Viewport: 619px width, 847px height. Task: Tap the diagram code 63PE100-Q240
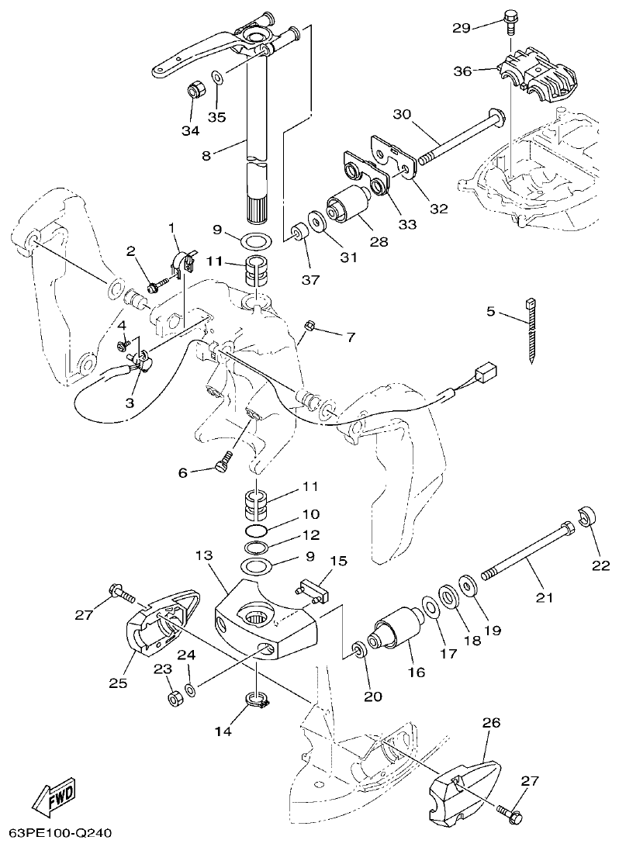[57, 834]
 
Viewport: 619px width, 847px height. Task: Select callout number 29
[462, 28]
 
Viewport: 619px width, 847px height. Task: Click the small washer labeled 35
[218, 78]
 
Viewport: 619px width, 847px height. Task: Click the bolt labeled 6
[222, 464]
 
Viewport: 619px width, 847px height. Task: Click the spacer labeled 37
[296, 234]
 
